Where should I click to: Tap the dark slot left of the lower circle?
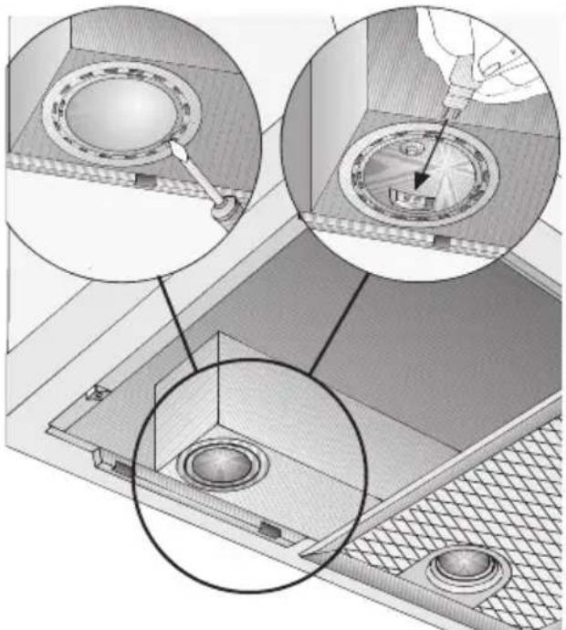coord(120,469)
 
